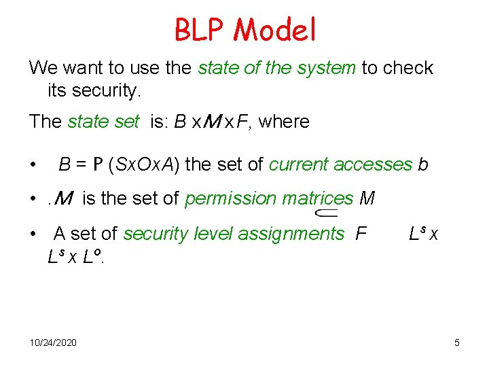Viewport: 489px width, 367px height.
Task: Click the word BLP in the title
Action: (x=200, y=29)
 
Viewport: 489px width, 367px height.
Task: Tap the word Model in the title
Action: (x=274, y=29)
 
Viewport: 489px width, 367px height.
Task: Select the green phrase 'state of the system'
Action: (x=276, y=68)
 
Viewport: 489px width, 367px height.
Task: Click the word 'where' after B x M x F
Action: (x=284, y=122)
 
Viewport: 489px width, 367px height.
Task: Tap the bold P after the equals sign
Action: (x=98, y=164)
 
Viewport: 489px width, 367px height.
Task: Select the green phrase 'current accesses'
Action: (x=340, y=164)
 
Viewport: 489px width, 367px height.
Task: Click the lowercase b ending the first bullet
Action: (x=423, y=164)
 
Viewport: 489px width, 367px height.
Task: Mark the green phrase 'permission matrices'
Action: (x=269, y=198)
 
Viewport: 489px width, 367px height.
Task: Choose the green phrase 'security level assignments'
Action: (x=234, y=234)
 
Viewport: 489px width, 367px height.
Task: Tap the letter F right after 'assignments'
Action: (x=361, y=234)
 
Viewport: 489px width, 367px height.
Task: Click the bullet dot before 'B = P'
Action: (x=33, y=165)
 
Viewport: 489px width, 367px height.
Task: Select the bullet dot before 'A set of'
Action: (x=33, y=234)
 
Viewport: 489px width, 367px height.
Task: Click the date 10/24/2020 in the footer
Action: (x=53, y=342)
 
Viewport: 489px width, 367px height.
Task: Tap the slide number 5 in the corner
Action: (x=457, y=342)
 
